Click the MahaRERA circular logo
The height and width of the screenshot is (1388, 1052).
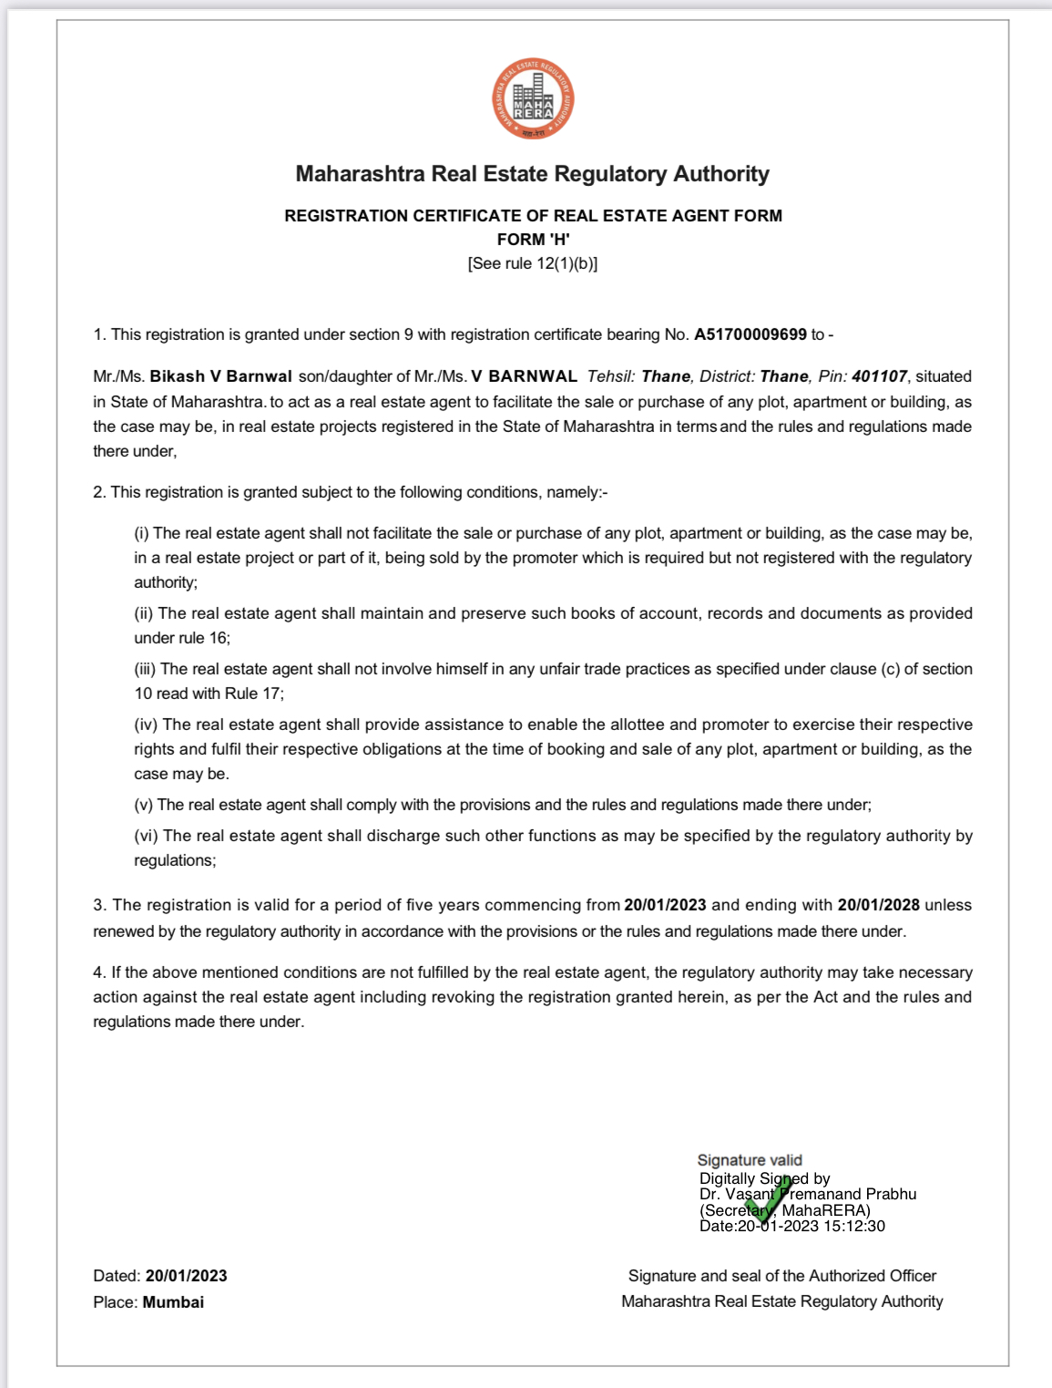pos(533,99)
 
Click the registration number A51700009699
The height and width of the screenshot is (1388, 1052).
pos(750,334)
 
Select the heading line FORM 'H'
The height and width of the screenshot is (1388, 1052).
pos(533,240)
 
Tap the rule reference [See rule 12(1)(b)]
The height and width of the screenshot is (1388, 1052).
pos(533,263)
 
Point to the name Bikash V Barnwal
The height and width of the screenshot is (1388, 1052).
pos(220,376)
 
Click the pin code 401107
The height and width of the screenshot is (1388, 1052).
pos(879,376)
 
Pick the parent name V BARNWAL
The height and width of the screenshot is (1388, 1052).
pos(524,376)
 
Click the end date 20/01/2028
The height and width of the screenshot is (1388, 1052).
pos(878,905)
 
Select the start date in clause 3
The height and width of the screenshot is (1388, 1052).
pos(665,905)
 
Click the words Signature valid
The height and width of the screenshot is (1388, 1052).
pos(750,1160)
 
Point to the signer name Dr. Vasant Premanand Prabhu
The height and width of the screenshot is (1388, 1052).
pos(808,1194)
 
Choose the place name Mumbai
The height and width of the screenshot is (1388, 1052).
pos(173,1302)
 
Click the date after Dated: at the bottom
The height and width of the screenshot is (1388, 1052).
pos(186,1276)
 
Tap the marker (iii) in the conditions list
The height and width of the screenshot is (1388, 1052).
pos(146,669)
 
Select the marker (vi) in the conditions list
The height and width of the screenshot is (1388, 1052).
pos(147,836)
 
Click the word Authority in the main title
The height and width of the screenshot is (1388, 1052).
pos(720,174)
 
